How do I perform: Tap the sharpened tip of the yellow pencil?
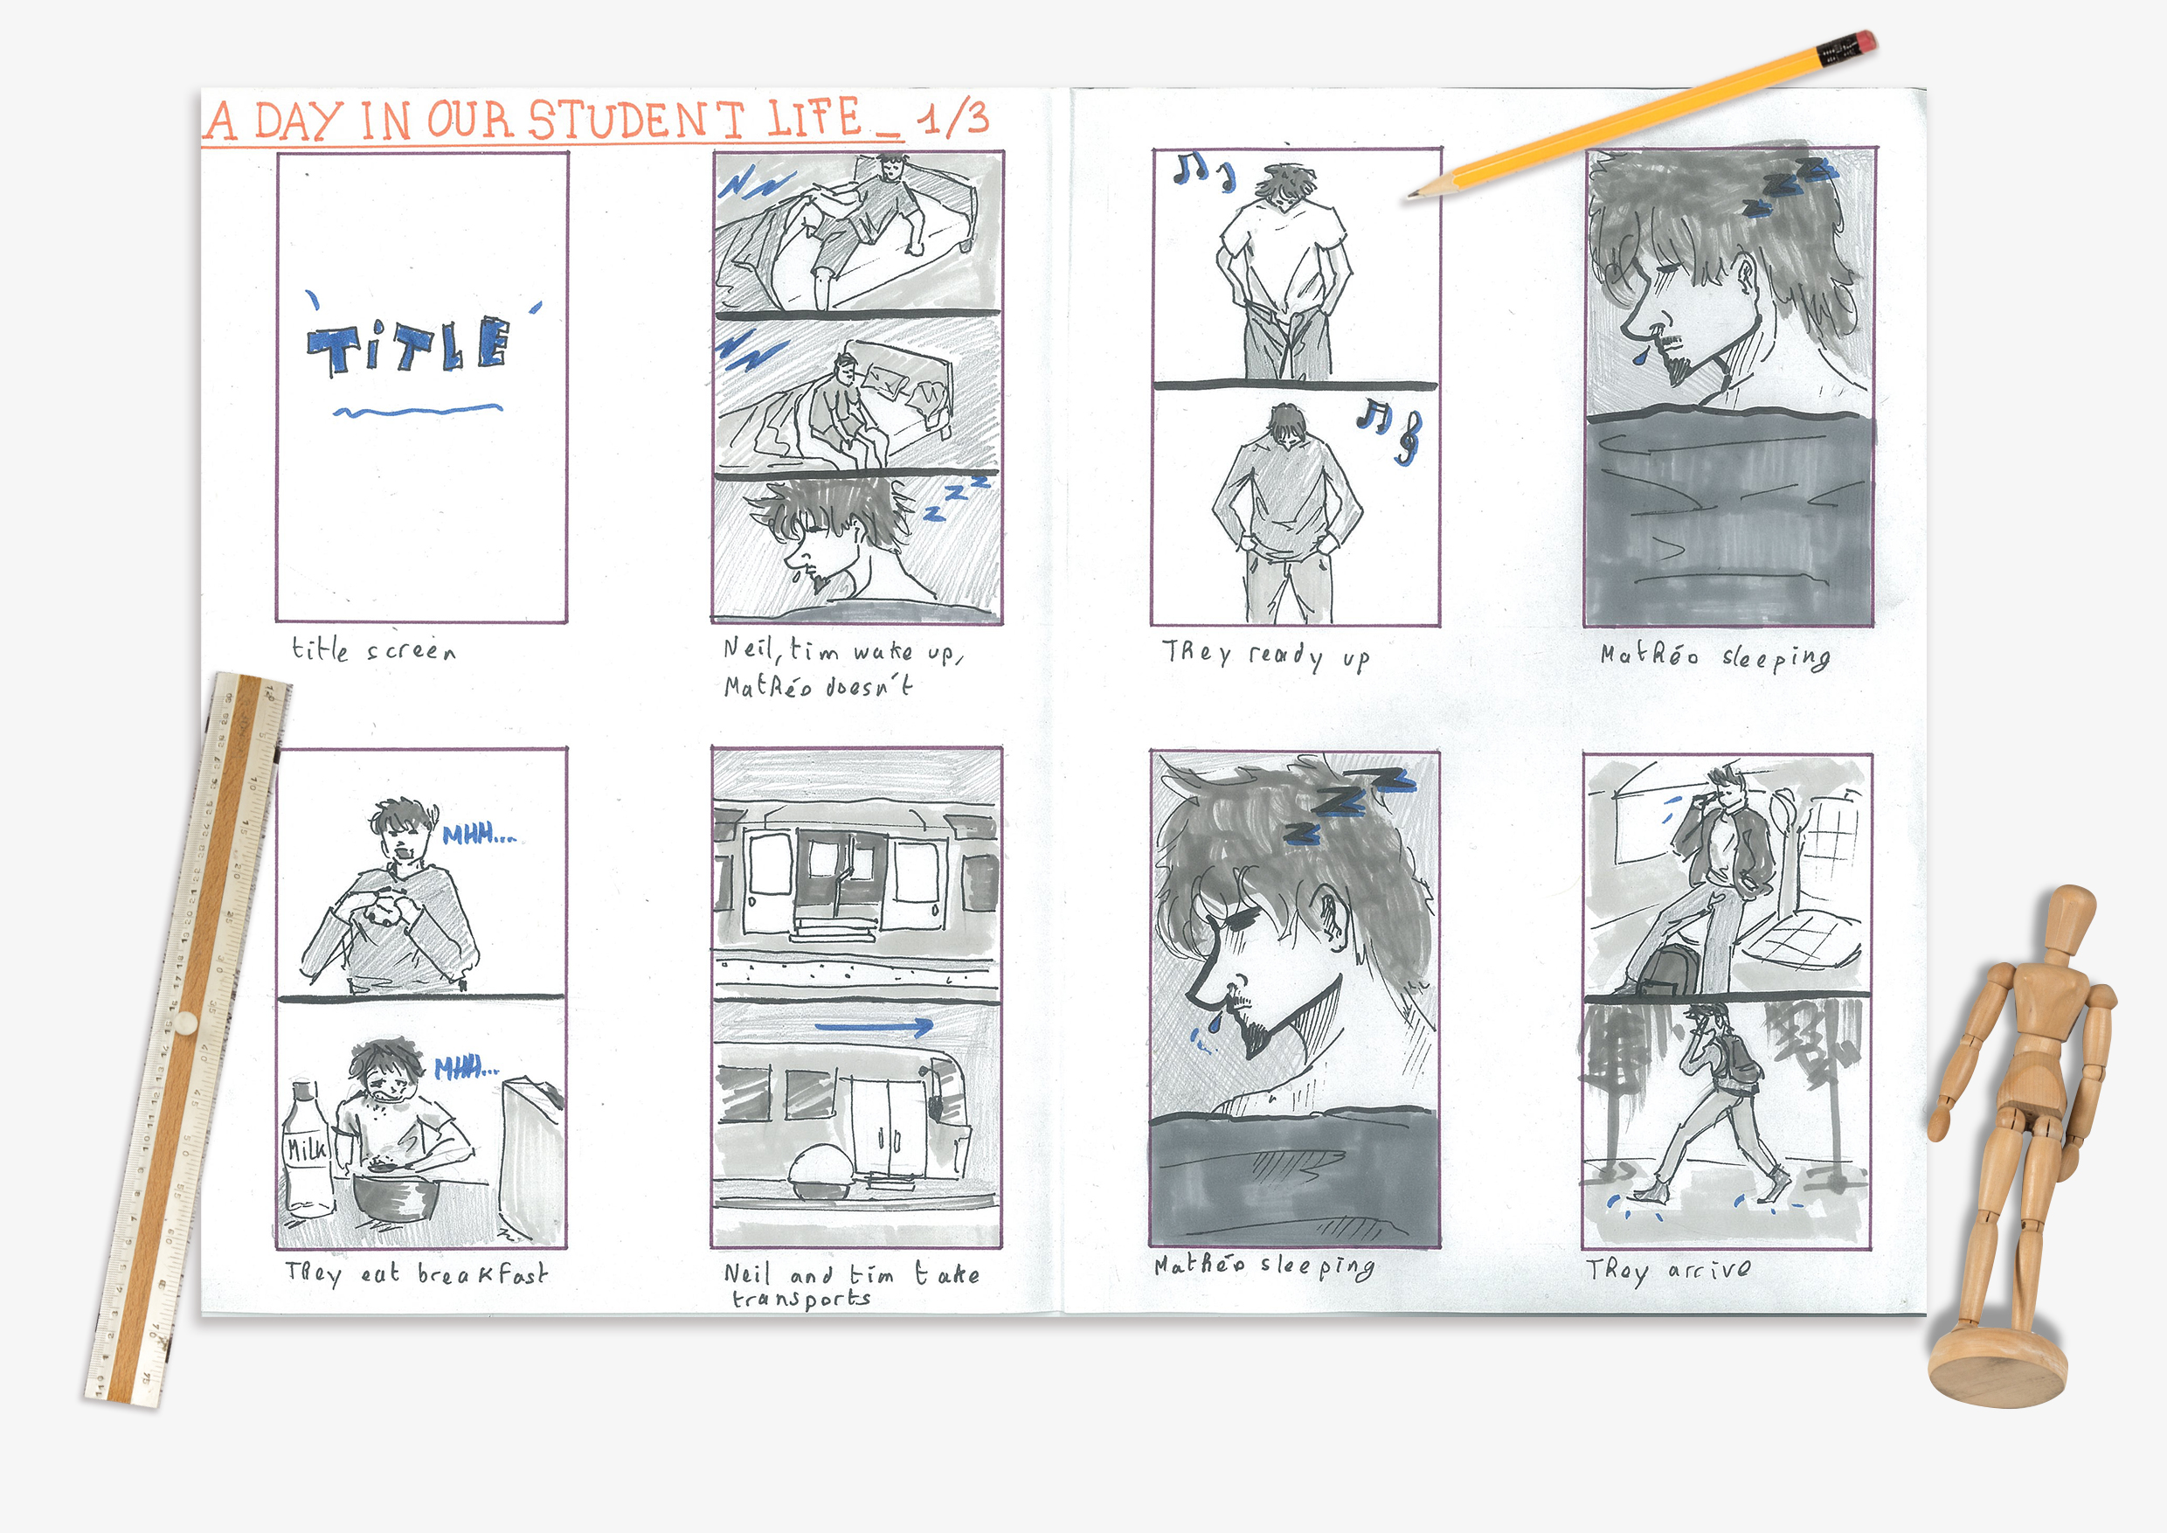[x=1410, y=196]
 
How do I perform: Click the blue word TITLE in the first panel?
[x=409, y=345]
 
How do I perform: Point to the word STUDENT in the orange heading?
[x=636, y=121]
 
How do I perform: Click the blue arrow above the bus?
[x=873, y=1027]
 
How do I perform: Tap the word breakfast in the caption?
[x=482, y=1274]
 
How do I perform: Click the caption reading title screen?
[x=374, y=649]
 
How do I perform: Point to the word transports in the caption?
[x=801, y=1299]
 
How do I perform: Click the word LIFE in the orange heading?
[x=813, y=119]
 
